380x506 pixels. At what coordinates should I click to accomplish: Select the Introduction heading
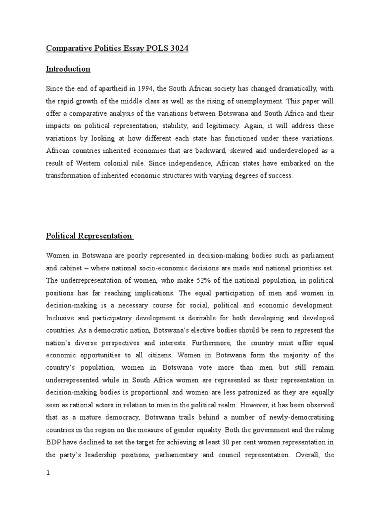[68, 69]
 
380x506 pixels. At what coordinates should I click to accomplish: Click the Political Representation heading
[89, 236]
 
